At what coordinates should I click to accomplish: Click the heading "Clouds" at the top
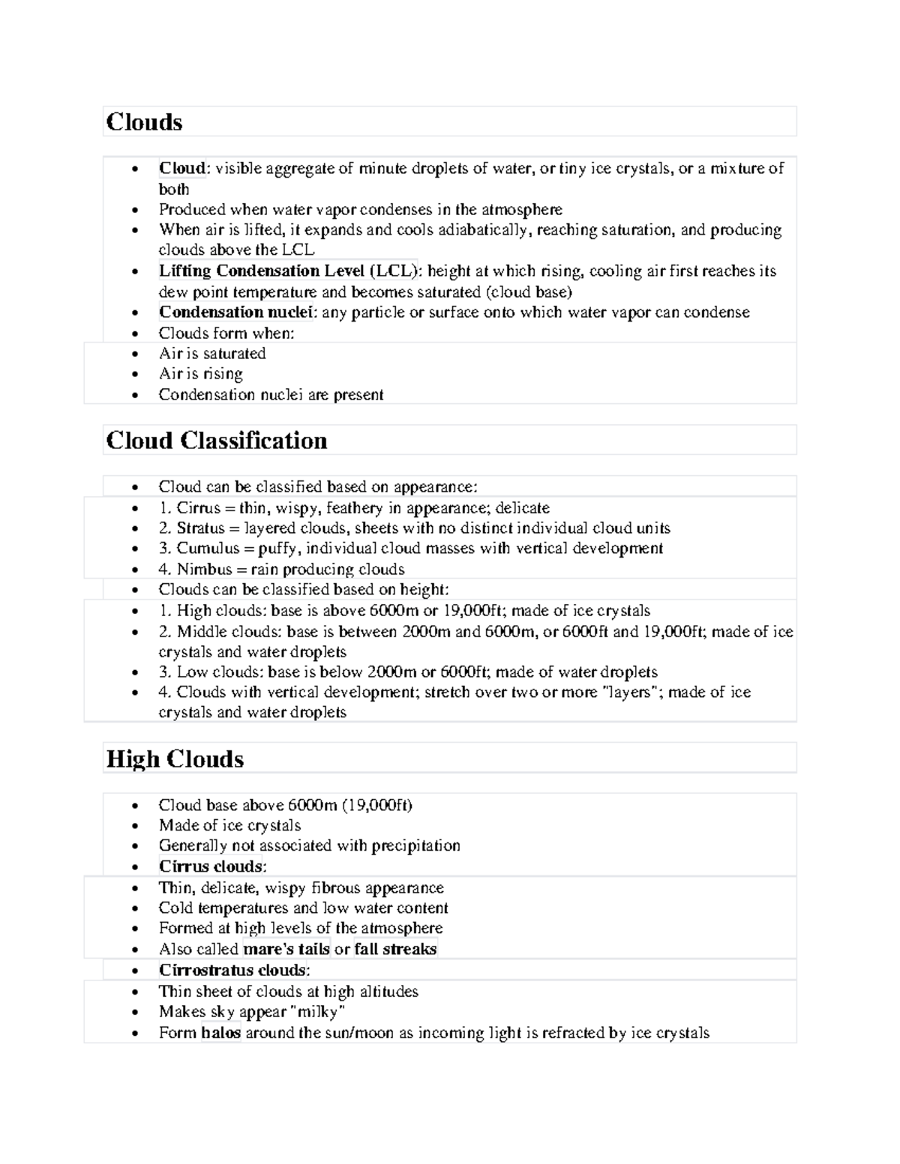coord(144,122)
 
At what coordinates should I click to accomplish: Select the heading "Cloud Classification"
coord(217,441)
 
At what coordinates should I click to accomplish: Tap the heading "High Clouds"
coord(175,759)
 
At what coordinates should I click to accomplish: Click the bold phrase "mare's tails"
coord(286,949)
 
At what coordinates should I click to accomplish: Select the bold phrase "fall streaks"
coord(395,949)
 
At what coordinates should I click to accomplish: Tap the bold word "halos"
coord(220,1033)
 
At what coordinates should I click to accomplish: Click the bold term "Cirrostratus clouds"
coord(232,970)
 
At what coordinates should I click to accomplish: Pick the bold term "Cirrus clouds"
coord(211,866)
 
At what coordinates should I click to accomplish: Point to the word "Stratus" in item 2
coord(200,528)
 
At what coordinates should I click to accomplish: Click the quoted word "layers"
coord(631,693)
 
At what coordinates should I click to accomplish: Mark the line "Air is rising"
coord(200,374)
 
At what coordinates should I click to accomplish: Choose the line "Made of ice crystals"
coord(229,825)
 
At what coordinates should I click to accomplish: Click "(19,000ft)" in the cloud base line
coord(377,805)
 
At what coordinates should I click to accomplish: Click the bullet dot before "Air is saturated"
coord(134,354)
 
